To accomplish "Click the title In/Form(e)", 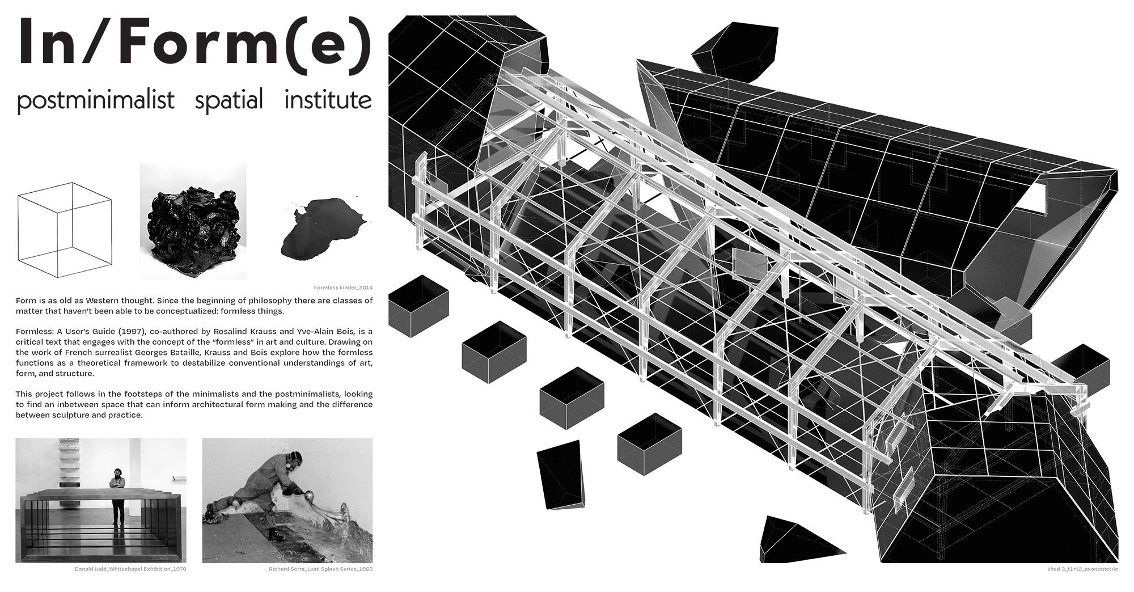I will (x=194, y=44).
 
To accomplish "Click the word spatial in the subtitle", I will (x=229, y=100).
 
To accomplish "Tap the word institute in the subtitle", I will (x=328, y=100).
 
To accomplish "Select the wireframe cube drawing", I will (x=64, y=229).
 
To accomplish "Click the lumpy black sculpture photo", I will (x=193, y=221).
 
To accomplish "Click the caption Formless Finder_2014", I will (x=342, y=287).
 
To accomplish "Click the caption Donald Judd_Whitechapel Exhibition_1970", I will (x=130, y=569).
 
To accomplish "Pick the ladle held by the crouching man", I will (x=312, y=497).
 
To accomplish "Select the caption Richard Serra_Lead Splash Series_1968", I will (x=320, y=569).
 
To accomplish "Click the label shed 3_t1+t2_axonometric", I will (x=1083, y=569).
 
